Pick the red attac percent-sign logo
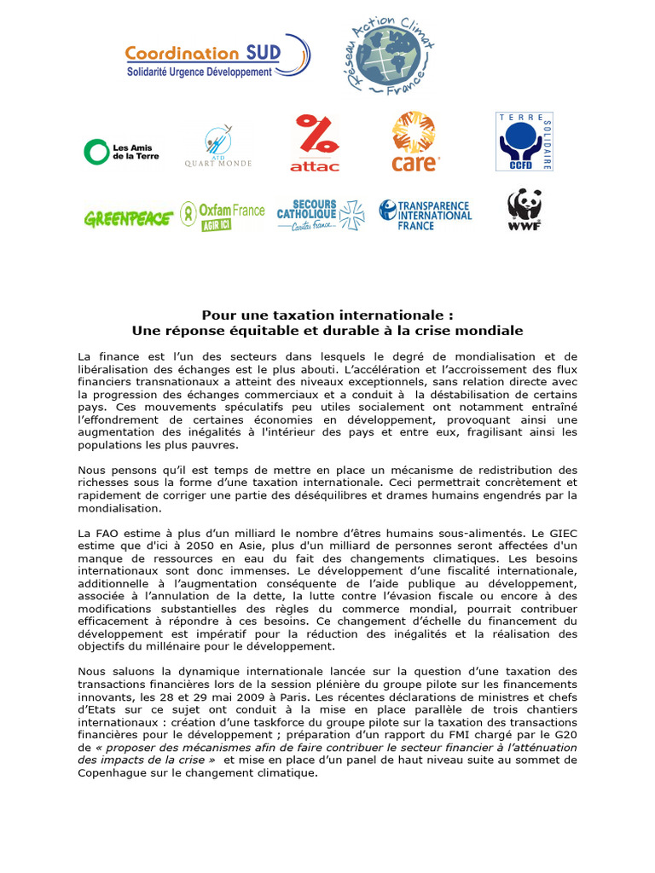pyautogui.click(x=316, y=142)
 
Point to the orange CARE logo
pyautogui.click(x=415, y=142)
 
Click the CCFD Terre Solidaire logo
pyautogui.click(x=525, y=142)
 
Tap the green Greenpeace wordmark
pyautogui.click(x=129, y=218)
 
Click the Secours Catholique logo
pyautogui.click(x=320, y=215)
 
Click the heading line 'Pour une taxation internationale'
pyautogui.click(x=327, y=315)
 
